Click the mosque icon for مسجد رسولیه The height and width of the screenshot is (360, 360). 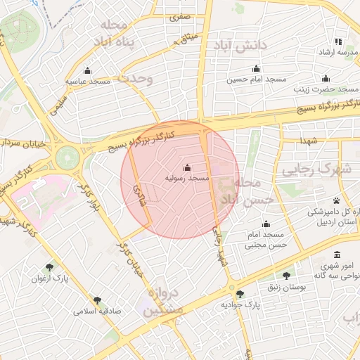(x=187, y=167)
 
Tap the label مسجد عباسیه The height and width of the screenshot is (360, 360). (x=88, y=82)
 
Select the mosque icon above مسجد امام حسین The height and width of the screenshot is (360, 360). (x=256, y=69)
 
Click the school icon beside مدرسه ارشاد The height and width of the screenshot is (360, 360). (x=338, y=41)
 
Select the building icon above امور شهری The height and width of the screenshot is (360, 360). (x=338, y=255)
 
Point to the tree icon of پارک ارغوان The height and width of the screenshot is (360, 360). (x=49, y=267)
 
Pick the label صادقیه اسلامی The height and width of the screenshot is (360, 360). (x=98, y=309)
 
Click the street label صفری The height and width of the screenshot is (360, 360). (x=180, y=14)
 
